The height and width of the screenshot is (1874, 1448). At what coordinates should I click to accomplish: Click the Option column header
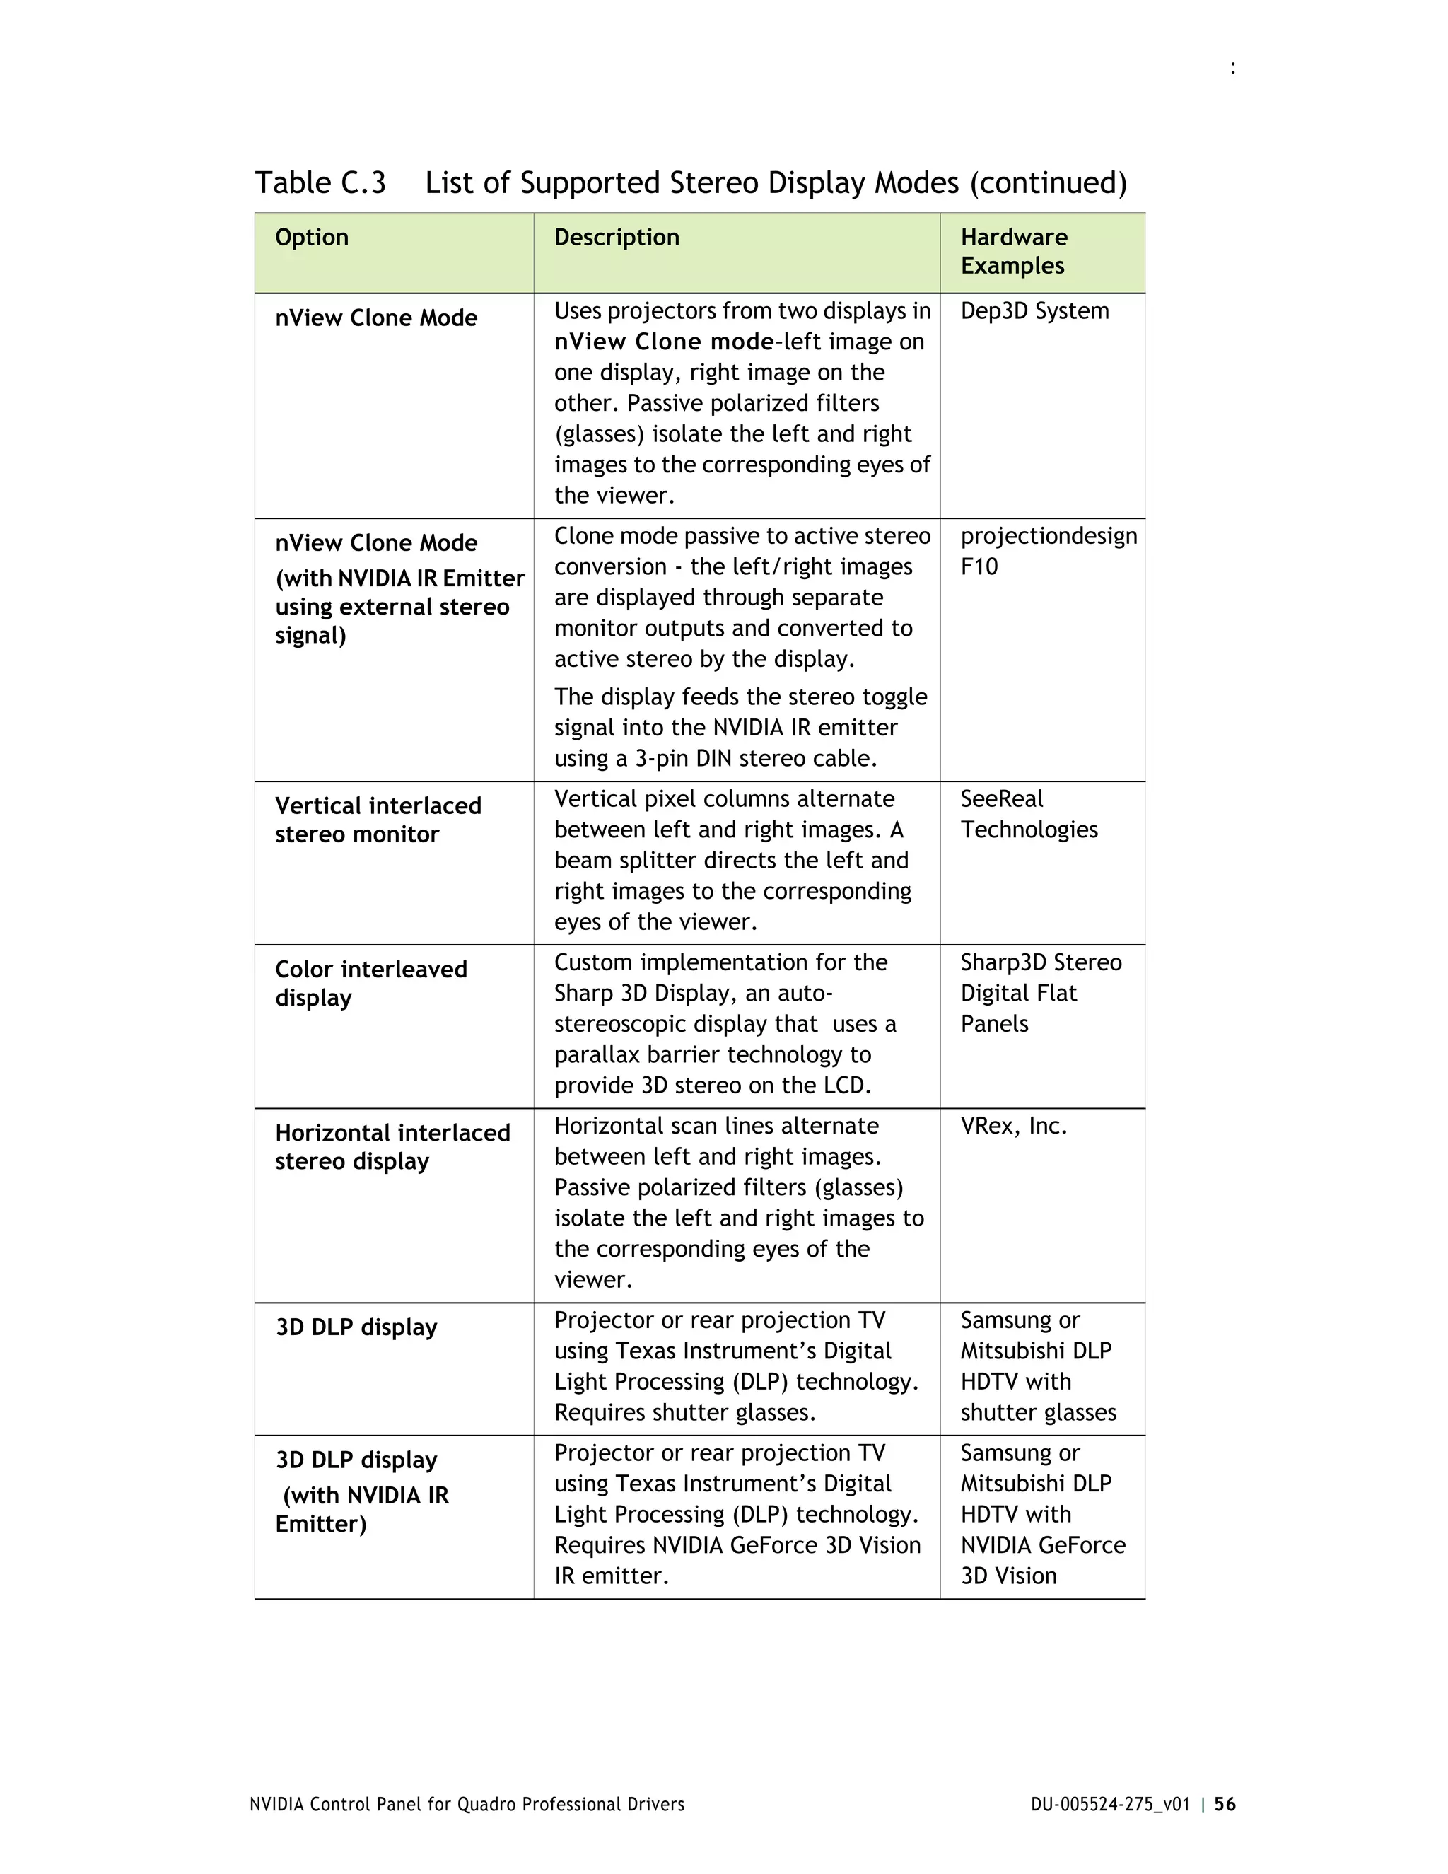pos(311,238)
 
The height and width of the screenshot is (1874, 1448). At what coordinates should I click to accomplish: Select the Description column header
pos(616,238)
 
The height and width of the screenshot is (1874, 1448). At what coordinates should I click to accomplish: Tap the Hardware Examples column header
pos(1013,252)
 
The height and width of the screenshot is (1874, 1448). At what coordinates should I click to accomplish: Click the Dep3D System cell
pos(1034,310)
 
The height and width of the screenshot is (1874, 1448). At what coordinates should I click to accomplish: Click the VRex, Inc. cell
pos(1013,1126)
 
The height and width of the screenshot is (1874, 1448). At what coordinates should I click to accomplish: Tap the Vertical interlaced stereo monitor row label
pos(378,820)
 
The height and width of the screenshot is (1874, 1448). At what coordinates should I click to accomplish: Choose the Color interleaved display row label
pos(370,984)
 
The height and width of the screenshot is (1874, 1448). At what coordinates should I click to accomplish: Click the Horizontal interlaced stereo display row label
pos(392,1147)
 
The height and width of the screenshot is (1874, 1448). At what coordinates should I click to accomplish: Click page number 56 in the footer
pos(1225,1805)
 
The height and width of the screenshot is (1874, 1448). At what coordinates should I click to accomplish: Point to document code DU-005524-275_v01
pos(1110,1805)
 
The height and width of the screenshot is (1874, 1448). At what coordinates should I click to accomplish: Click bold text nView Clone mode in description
pos(663,342)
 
